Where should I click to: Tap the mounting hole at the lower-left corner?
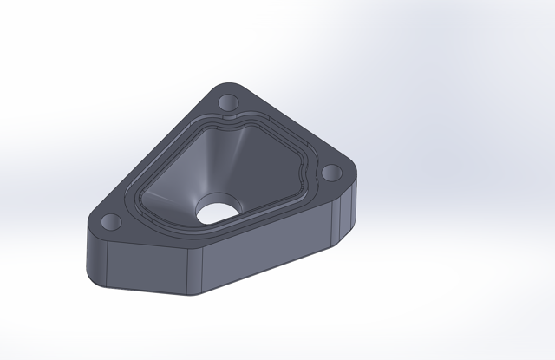113,222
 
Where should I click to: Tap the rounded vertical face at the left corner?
94,256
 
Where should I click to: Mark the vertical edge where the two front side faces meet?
201,273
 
